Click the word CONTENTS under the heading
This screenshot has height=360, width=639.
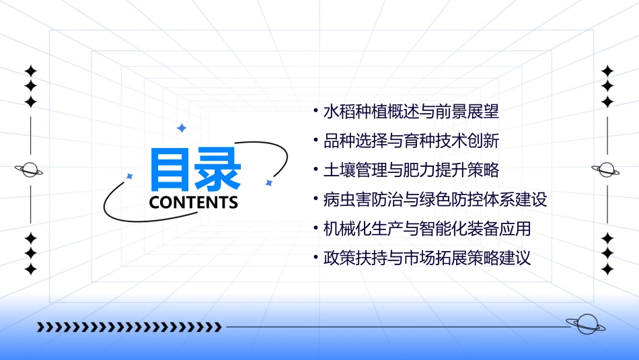pos(194,202)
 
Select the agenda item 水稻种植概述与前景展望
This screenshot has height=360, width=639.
pos(411,111)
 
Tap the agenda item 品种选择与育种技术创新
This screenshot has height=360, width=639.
pos(411,141)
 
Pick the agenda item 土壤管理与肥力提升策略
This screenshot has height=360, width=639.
pos(411,170)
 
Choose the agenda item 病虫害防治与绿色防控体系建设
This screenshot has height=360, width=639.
pos(435,199)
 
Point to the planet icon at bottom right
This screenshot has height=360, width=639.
pos(586,324)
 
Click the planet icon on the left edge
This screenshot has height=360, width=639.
pos(30,170)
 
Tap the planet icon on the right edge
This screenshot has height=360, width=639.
pos(607,170)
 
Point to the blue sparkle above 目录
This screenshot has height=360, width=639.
pos(180,128)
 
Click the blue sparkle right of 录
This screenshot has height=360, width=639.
pos(268,182)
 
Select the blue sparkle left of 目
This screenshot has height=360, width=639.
pos(130,176)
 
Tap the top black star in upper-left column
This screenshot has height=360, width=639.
pos(30,71)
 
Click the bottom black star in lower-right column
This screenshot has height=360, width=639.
pos(607,269)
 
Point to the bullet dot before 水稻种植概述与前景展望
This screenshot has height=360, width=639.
pos(316,111)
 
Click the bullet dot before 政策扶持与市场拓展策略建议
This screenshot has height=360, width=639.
pos(316,258)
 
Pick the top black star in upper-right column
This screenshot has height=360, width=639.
pos(607,71)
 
